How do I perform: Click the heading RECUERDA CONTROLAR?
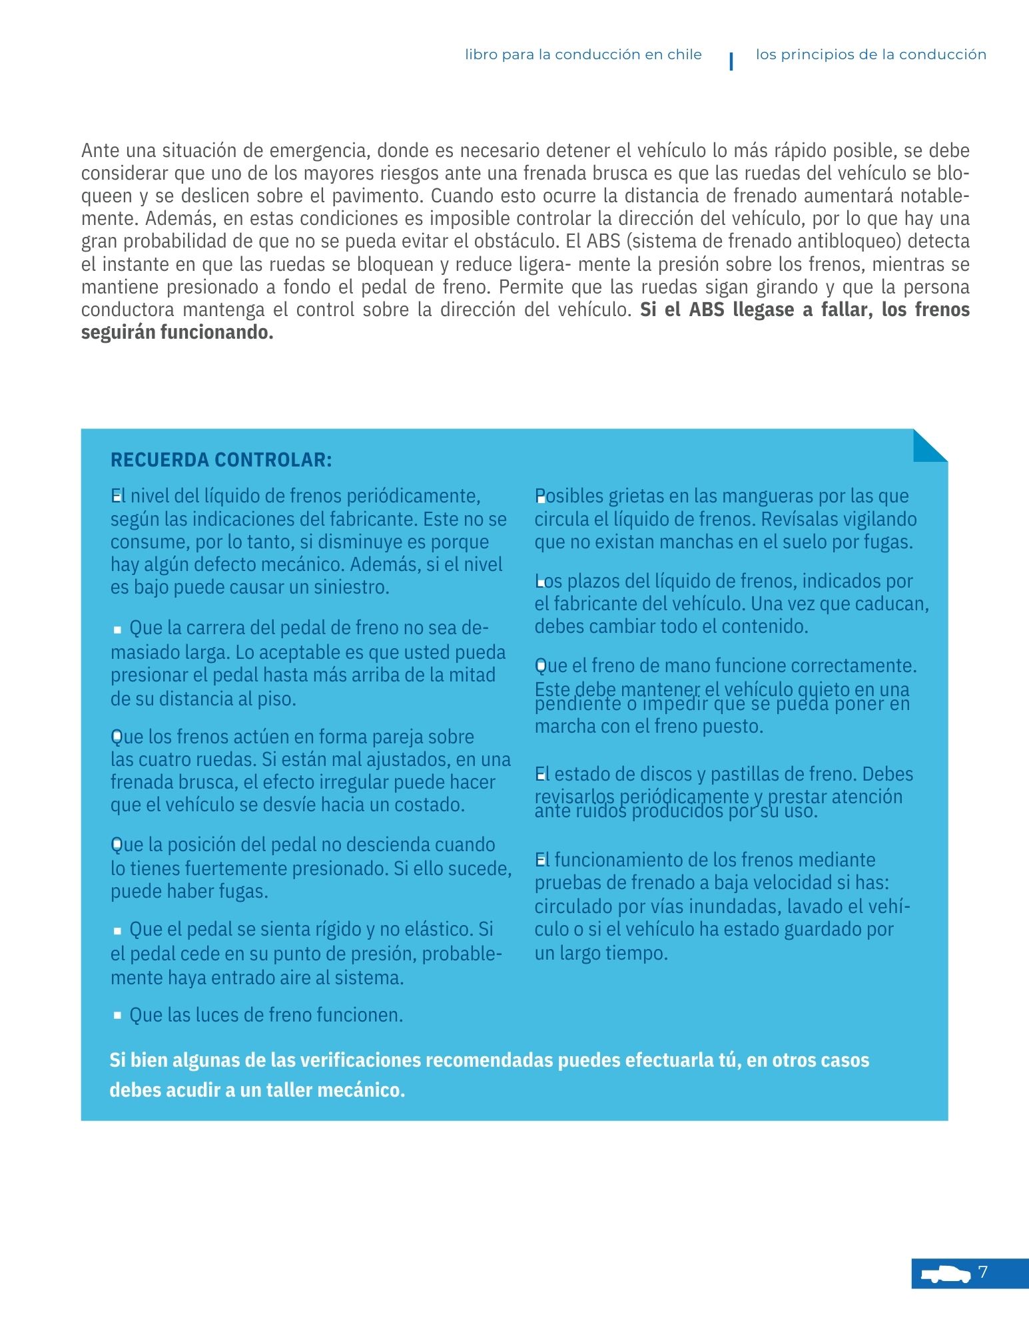point(220,460)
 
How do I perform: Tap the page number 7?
point(983,1272)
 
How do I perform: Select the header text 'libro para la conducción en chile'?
point(583,55)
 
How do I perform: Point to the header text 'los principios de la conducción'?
point(870,55)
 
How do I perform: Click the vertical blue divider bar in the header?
point(731,61)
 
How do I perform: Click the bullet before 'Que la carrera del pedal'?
point(118,629)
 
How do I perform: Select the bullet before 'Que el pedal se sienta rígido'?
point(118,930)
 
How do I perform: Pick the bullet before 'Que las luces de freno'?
point(118,1016)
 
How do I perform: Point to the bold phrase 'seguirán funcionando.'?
point(177,333)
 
